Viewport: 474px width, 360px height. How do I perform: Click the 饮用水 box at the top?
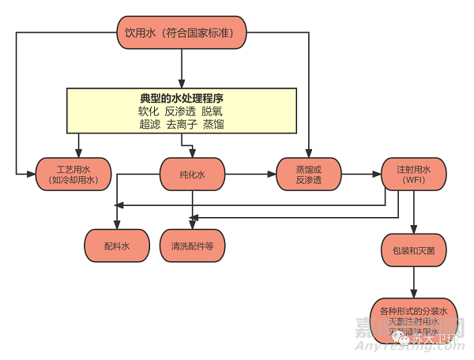(182, 32)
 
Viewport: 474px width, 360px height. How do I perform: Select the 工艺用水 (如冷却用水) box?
(73, 174)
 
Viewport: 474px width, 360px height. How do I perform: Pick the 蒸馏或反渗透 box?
(309, 174)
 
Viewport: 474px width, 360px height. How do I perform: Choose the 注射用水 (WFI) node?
(413, 174)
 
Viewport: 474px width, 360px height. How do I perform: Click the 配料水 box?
(117, 246)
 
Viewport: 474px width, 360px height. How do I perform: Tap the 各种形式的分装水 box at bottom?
(413, 319)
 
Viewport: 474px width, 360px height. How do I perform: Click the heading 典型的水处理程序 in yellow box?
(182, 98)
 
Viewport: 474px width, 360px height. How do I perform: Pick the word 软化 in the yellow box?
(149, 111)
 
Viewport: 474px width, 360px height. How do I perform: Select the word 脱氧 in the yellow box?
(213, 111)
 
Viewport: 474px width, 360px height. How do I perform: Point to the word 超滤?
(150, 124)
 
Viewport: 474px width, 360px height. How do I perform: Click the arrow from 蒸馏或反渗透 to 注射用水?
(362, 172)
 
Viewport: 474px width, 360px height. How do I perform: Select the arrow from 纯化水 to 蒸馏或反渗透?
(250, 172)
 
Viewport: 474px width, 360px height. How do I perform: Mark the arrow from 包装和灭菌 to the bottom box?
(413, 282)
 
